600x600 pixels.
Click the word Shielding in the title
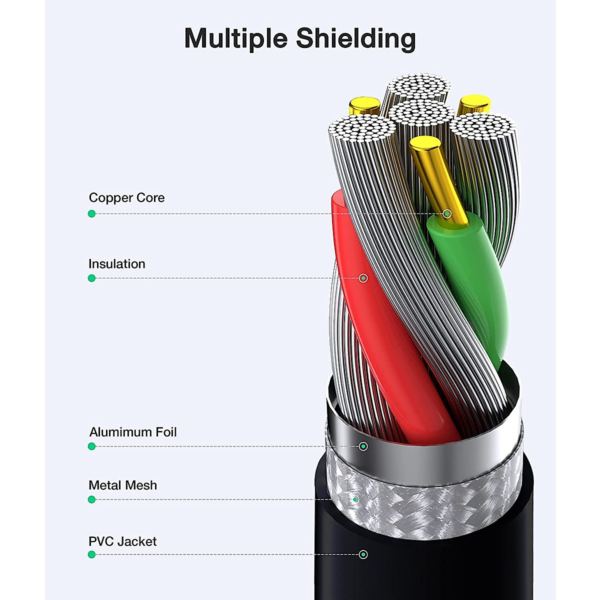(x=355, y=39)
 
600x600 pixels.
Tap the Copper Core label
(x=126, y=198)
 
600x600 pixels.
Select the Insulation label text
(x=117, y=264)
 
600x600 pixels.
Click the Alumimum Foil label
(x=133, y=432)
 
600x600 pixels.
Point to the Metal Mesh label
(x=122, y=485)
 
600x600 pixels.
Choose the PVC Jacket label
(x=122, y=541)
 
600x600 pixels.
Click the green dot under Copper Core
(x=91, y=214)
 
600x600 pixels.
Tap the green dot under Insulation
(x=91, y=278)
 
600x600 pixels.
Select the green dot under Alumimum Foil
(x=91, y=446)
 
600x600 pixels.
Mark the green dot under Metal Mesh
(x=91, y=499)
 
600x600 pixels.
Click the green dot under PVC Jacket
(x=91, y=554)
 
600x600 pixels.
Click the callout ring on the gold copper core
(x=447, y=214)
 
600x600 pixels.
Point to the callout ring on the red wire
(x=363, y=278)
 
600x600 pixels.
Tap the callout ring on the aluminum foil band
(x=363, y=446)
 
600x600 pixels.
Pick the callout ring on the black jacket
(x=363, y=554)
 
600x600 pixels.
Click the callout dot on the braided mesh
(x=355, y=499)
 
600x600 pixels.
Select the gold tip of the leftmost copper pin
(x=364, y=105)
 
